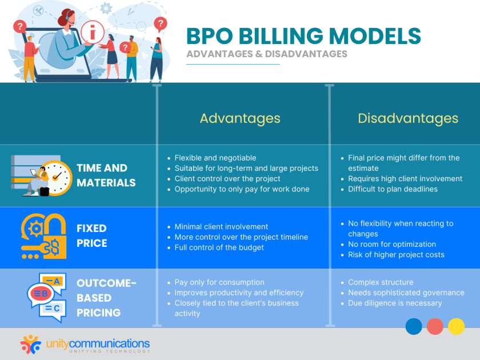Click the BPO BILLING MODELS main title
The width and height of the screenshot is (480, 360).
(x=303, y=35)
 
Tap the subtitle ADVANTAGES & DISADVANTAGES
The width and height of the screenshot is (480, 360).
(x=267, y=54)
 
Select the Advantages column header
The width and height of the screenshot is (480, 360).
(x=240, y=118)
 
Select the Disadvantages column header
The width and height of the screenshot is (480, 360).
(x=408, y=118)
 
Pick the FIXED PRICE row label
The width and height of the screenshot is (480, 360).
(x=91, y=235)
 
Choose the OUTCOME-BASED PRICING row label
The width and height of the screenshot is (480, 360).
(x=107, y=298)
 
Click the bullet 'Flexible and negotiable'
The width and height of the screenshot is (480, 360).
(x=215, y=158)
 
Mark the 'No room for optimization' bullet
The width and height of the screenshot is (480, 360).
(x=392, y=244)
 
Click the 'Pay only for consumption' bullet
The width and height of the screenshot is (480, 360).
(x=219, y=282)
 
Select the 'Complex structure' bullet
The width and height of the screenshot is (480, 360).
(x=381, y=282)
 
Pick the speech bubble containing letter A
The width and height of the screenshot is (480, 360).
(x=55, y=281)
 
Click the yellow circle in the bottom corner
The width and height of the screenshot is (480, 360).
(x=456, y=326)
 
